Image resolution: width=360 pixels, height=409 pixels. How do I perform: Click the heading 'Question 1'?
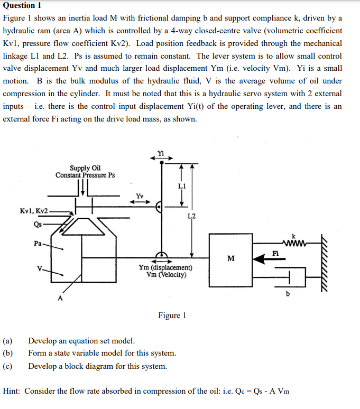click(22, 6)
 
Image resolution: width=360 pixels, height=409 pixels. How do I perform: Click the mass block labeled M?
click(230, 257)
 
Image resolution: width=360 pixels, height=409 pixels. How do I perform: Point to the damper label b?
click(288, 294)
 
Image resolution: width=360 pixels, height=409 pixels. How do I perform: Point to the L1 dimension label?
click(182, 185)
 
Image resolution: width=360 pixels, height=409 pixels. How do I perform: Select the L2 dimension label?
click(191, 216)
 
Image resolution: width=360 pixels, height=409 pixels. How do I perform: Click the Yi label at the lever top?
click(161, 153)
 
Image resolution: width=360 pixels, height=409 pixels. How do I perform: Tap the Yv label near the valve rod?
click(140, 195)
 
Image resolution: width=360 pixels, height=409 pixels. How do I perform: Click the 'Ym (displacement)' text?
click(165, 267)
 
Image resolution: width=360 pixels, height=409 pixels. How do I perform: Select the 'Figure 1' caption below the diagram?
click(172, 315)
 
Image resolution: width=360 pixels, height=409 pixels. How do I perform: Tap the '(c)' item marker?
click(8, 366)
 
